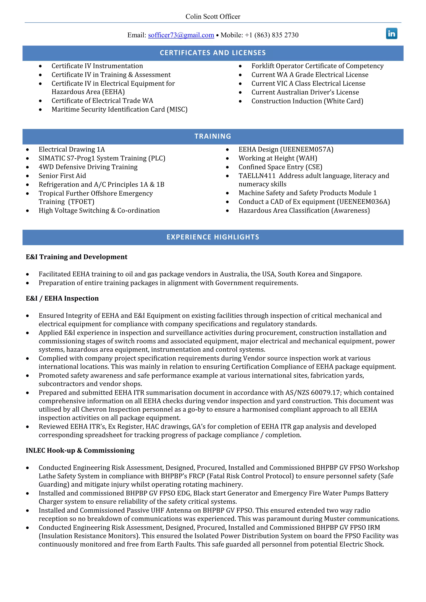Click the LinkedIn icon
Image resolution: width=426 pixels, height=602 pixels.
391,33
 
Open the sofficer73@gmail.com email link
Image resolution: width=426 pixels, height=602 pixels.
181,35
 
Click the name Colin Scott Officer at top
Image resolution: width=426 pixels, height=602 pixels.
213,16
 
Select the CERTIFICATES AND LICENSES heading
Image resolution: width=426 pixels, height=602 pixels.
213,53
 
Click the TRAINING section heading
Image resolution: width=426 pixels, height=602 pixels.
213,136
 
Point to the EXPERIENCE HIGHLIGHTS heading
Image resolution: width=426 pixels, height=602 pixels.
213,237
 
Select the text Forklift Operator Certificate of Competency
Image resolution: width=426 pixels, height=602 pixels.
317,66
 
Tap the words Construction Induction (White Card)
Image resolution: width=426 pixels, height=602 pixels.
307,101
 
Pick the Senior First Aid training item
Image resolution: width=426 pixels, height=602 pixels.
62,176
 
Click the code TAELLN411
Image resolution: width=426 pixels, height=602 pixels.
257,176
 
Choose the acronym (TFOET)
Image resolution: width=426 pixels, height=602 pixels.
81,202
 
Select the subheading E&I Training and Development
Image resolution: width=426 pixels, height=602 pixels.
76,257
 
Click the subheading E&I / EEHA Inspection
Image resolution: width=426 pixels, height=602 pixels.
62,298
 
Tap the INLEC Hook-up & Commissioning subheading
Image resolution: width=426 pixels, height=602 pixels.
80,450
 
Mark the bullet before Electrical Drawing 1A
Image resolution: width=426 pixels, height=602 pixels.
27,150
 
